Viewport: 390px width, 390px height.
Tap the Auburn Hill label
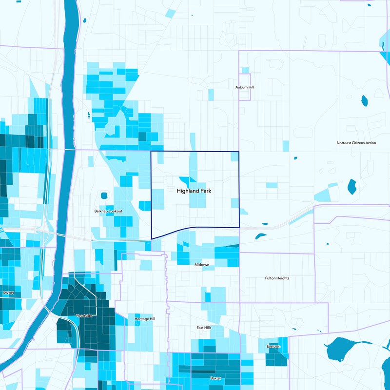pyautogui.click(x=245, y=87)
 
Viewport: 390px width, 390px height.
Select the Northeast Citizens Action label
pyautogui.click(x=356, y=143)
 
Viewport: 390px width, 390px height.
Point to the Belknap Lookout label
pyautogui.click(x=108, y=211)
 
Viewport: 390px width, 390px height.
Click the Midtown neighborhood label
pyautogui.click(x=202, y=265)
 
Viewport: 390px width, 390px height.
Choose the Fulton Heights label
pyautogui.click(x=277, y=278)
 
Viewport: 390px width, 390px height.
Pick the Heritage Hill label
pyautogui.click(x=145, y=319)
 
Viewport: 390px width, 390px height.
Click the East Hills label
pyautogui.click(x=204, y=328)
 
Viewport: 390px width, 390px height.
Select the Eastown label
pyautogui.click(x=273, y=347)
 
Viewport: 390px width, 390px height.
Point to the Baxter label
pyautogui.click(x=215, y=378)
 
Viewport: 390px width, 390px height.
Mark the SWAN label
pyautogui.click(x=8, y=293)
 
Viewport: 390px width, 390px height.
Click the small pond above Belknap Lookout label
pyautogui.click(x=103, y=196)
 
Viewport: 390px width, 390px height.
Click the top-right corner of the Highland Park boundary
pyautogui.click(x=239, y=152)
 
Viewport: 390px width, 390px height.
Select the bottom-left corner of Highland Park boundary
pyautogui.click(x=152, y=239)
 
